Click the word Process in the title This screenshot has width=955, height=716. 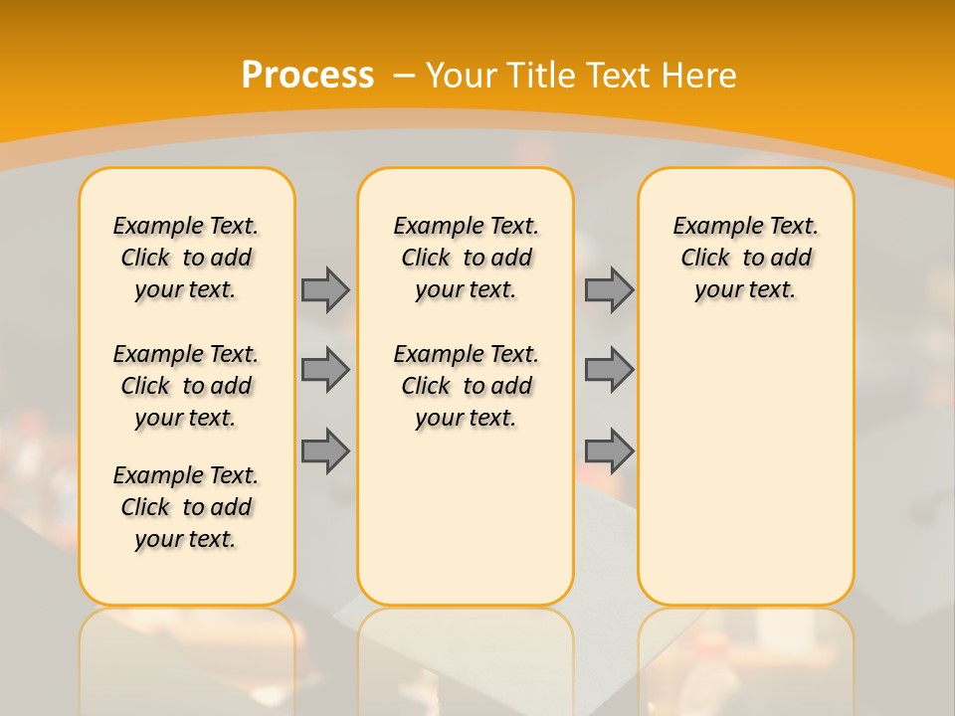307,75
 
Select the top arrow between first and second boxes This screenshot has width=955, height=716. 325,289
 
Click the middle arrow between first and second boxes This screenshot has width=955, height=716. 325,370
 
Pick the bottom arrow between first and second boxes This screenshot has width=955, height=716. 325,451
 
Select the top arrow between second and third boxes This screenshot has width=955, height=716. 609,289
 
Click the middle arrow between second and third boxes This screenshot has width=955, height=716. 609,370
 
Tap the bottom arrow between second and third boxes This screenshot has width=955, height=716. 609,451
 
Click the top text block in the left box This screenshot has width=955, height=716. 186,258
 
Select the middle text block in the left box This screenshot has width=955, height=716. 186,386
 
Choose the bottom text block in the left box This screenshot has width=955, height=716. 186,507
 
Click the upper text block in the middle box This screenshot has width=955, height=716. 467,258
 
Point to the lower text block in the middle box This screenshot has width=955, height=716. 467,386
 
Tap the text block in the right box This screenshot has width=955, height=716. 746,258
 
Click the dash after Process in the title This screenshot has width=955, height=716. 404,75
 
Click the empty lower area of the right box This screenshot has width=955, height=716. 746,457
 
